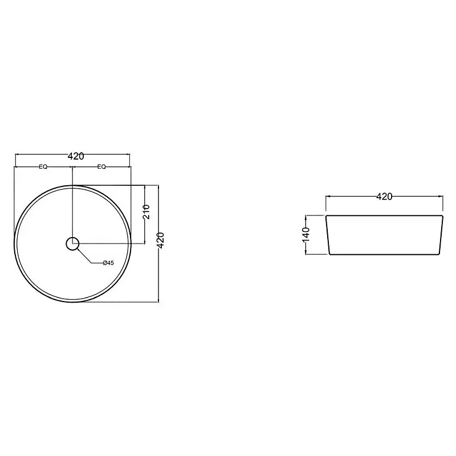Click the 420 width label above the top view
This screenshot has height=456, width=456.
76,156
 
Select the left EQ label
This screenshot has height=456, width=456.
43,167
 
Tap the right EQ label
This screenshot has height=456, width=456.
101,167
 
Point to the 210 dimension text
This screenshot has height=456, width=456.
146,211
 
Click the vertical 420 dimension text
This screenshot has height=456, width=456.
161,240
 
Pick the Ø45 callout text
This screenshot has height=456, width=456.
108,263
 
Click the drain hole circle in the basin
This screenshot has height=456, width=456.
72,244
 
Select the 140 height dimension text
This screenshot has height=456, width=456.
306,235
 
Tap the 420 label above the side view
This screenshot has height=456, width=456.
384,197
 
